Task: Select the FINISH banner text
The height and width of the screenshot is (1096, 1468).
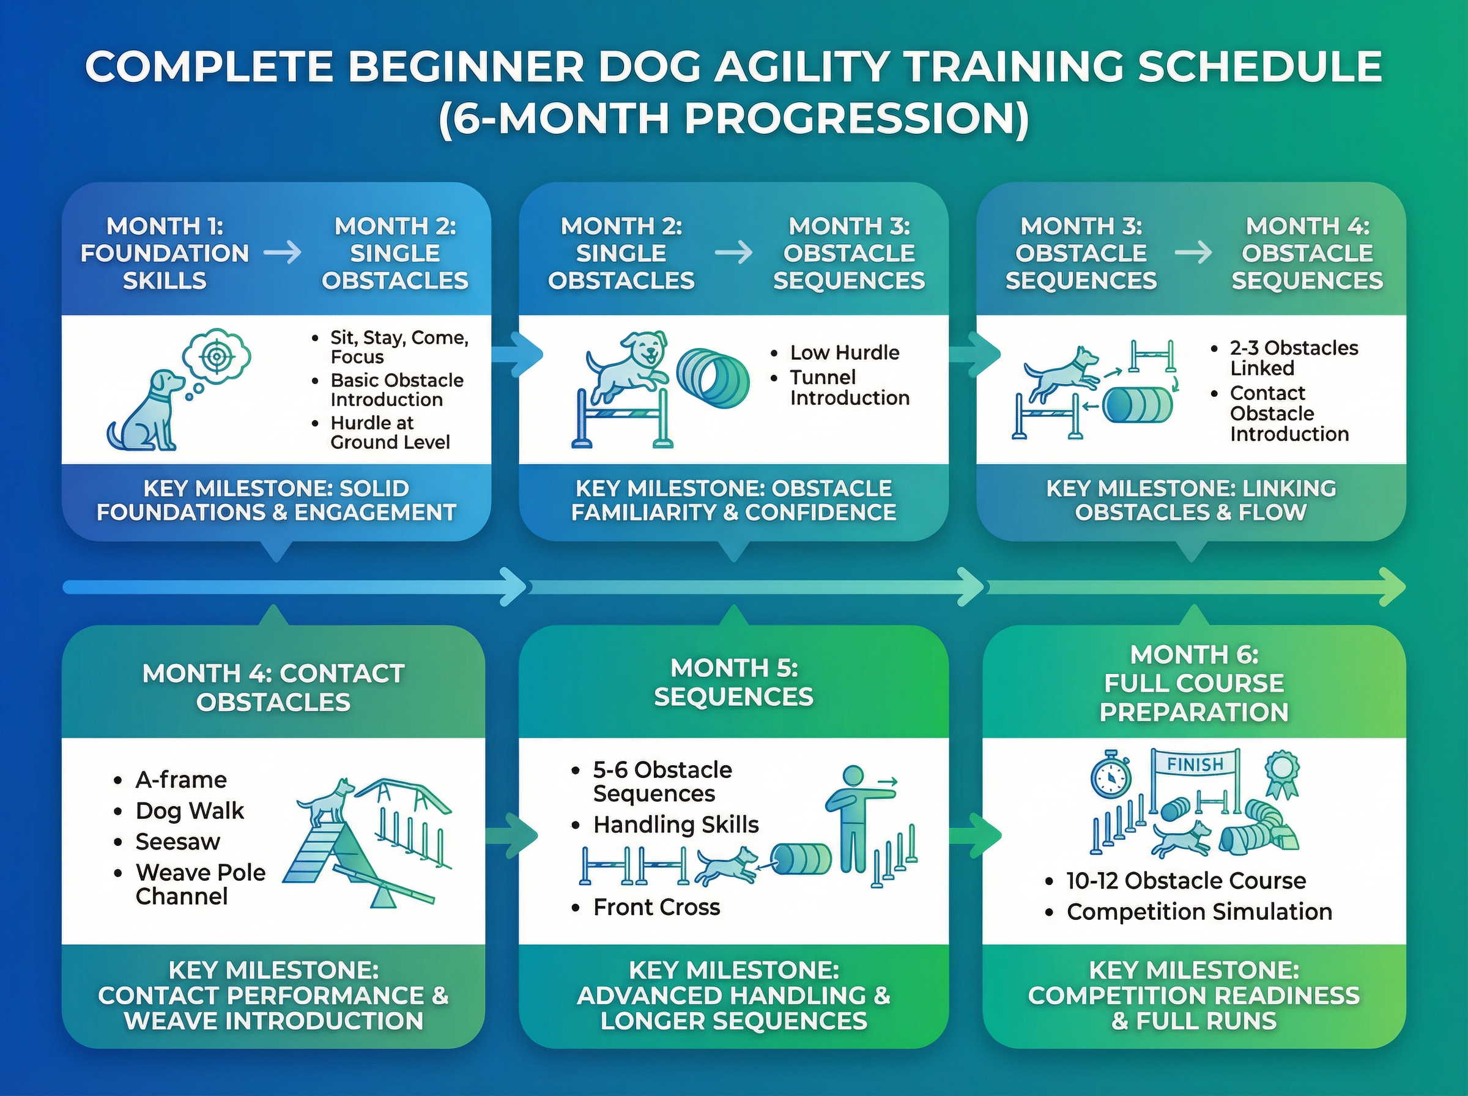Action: click(x=1195, y=765)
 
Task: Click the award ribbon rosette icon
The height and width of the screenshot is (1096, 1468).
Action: click(x=1281, y=774)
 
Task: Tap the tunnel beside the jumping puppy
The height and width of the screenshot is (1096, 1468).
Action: click(x=713, y=379)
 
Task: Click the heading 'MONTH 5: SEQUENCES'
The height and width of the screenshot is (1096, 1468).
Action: click(x=733, y=682)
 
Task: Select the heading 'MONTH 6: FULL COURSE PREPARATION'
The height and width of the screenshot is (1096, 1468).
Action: click(x=1194, y=683)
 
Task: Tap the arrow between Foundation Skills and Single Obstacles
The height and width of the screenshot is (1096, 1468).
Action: click(x=283, y=253)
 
